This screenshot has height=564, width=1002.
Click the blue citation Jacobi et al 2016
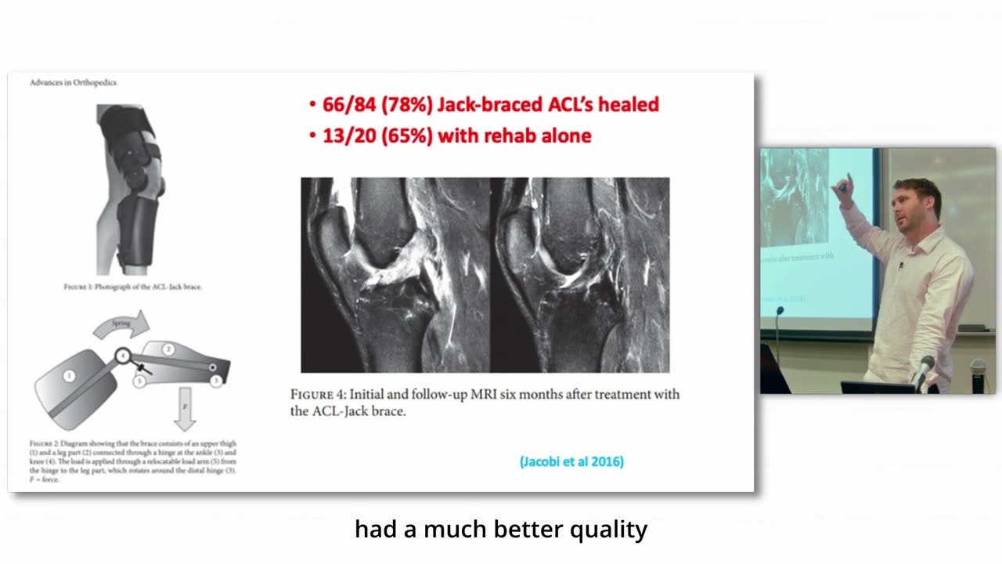coord(571,461)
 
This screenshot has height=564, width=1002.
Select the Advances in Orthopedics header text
coord(73,82)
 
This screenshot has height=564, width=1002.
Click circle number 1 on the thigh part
coord(69,377)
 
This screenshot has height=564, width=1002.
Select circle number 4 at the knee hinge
coord(123,356)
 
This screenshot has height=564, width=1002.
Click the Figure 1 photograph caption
coord(133,287)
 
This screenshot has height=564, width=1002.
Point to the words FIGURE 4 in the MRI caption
coord(318,394)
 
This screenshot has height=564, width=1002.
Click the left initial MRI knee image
coord(395,275)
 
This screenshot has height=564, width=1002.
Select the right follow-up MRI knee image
coord(579,275)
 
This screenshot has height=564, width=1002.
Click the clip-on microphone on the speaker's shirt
coord(901,266)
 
